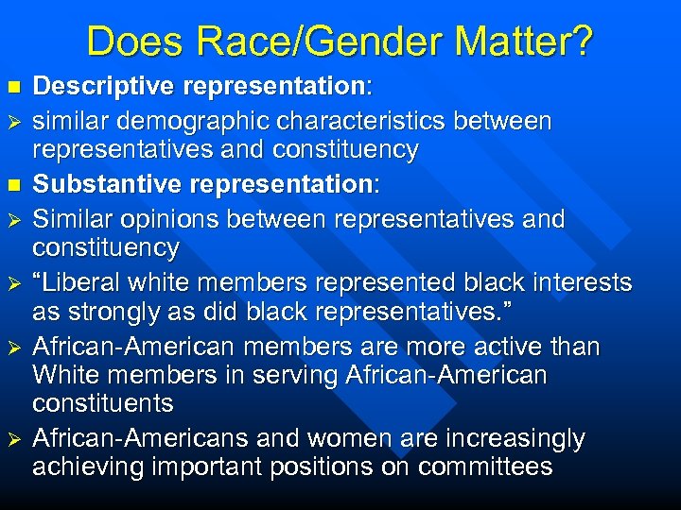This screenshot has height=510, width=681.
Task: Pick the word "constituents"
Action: (x=103, y=403)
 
